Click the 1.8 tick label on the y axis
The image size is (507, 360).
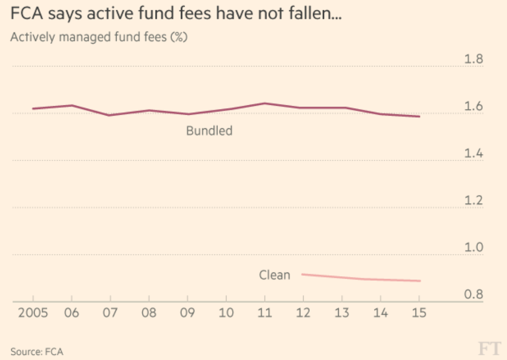[473, 59]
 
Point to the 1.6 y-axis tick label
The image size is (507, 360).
[473, 107]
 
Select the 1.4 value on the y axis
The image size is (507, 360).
[473, 154]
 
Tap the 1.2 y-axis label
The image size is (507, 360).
[473, 201]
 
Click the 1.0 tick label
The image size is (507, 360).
[473, 248]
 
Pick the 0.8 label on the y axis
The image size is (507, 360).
[473, 295]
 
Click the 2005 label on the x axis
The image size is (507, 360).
[33, 313]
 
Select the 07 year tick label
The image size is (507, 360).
[110, 313]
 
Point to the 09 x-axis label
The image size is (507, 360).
[187, 313]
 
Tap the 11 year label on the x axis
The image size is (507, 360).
[265, 313]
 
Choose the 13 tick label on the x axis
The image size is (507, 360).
[342, 313]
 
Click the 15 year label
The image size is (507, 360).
[419, 313]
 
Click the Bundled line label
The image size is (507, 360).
[209, 131]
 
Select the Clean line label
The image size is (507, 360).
[275, 275]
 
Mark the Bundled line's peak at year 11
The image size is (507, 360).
[265, 103]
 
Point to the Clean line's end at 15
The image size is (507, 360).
[419, 281]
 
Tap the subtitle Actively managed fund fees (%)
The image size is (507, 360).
[98, 37]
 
